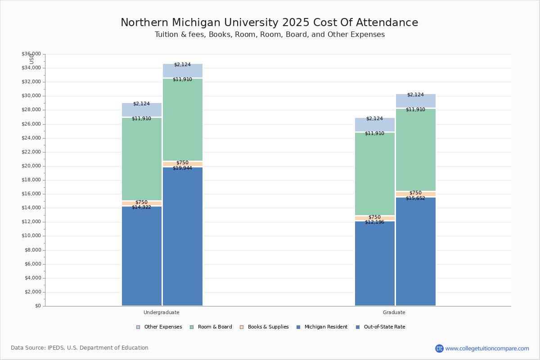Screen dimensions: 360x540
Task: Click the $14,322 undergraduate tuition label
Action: (141, 207)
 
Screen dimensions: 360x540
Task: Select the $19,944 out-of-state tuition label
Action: (182, 168)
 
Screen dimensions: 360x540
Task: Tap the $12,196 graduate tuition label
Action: (374, 222)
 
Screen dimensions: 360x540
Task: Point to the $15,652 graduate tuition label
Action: (415, 198)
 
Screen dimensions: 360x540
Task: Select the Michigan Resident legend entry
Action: (322, 327)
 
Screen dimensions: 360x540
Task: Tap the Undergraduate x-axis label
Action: (162, 312)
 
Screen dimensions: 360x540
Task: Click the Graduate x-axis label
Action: (394, 312)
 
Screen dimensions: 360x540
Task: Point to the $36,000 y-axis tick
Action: (31, 54)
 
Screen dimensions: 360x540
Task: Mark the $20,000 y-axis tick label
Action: (31, 166)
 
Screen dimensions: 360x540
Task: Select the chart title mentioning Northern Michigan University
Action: (269, 23)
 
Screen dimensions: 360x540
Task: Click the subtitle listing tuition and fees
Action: (270, 35)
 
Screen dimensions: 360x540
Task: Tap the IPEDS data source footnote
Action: (80, 348)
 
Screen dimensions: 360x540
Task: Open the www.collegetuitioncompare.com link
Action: (487, 348)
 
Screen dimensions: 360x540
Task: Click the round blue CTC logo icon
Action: (439, 348)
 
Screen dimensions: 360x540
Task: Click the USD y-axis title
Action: (31, 59)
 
